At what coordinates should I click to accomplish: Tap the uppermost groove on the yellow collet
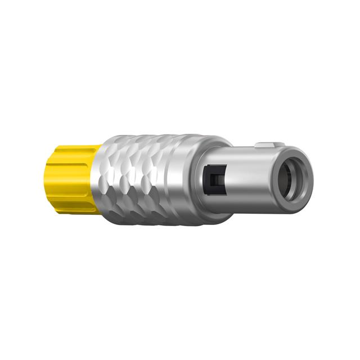pos(70,154)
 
